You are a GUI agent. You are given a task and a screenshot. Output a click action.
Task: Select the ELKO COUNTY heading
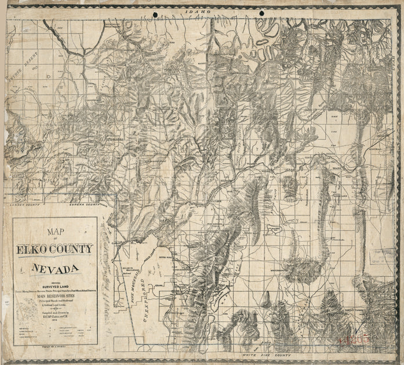(55, 249)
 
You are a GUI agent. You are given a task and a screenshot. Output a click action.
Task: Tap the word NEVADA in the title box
(55, 269)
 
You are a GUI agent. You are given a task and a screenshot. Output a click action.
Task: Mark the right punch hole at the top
(261, 13)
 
